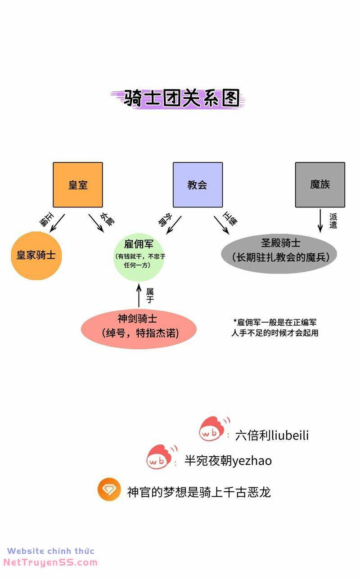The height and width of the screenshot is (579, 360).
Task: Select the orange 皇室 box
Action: click(x=78, y=184)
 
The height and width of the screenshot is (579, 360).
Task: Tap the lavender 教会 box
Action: click(x=198, y=184)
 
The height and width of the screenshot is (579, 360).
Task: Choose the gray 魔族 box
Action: click(x=320, y=184)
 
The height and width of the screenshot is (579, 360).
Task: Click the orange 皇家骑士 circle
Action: click(x=36, y=255)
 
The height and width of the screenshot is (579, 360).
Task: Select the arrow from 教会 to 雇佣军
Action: click(x=174, y=224)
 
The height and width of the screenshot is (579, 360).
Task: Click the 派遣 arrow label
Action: click(x=333, y=220)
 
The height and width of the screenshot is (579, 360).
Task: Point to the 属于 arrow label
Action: click(x=150, y=296)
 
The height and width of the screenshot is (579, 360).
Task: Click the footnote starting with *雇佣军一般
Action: click(x=275, y=328)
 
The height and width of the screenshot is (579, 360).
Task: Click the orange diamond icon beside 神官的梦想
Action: click(x=109, y=490)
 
